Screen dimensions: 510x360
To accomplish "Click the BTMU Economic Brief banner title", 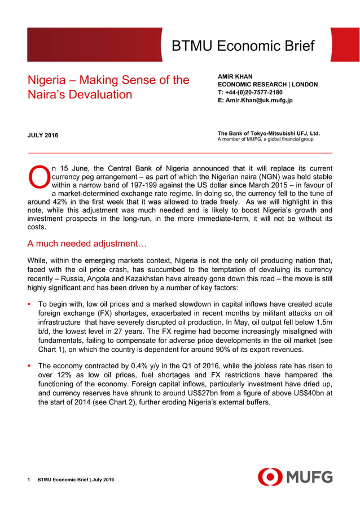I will pos(243,46).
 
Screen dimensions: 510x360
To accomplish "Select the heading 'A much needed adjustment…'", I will pos(87,244).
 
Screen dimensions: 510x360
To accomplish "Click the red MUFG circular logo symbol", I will pos(270,477).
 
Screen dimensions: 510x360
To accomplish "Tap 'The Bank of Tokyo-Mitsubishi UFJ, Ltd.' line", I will pos(269,133).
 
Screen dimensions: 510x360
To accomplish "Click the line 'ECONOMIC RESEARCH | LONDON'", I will pos(267,85).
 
